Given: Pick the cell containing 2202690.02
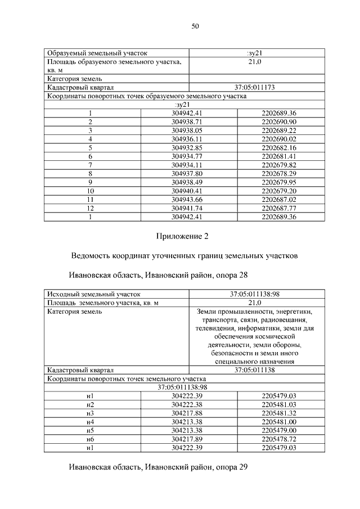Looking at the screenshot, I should pos(278,138).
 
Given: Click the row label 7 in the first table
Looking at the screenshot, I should pos(90,164).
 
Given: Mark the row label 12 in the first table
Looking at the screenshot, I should pos(90,207).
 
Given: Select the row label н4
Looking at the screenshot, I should pos(90,421).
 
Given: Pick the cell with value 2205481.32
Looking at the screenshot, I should pos(278,413).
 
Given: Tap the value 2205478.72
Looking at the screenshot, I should pos(278,439).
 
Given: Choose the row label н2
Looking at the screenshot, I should pos(90,404).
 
